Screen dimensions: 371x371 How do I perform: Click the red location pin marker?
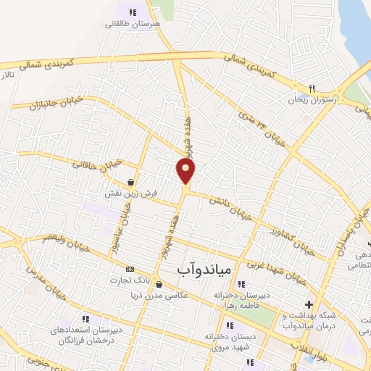tap(186, 171)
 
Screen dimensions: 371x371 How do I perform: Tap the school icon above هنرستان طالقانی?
tap(132, 12)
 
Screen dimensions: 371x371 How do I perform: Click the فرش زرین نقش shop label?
tap(130, 196)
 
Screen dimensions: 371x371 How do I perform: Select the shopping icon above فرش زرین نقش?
tap(130, 183)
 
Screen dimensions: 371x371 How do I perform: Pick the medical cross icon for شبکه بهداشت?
tap(309, 304)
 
